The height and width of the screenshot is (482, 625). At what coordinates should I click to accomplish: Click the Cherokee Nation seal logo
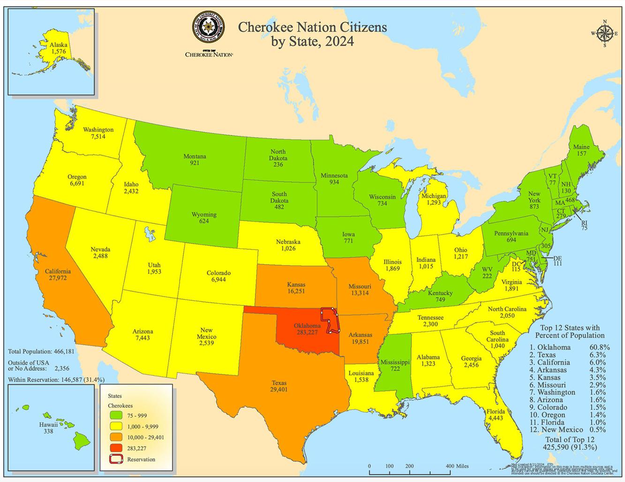pyautogui.click(x=209, y=28)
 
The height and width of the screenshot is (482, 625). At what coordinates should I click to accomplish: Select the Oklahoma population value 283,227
pyautogui.click(x=307, y=332)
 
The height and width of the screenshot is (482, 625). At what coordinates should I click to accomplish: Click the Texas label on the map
pyautogui.click(x=279, y=383)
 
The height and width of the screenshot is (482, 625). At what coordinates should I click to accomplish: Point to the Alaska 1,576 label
pyautogui.click(x=59, y=48)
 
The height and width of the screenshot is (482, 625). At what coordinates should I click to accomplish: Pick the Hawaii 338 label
pyautogui.click(x=48, y=428)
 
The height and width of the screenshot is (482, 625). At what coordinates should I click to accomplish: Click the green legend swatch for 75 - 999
pyautogui.click(x=117, y=415)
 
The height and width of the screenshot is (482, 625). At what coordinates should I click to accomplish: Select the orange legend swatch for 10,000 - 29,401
pyautogui.click(x=117, y=437)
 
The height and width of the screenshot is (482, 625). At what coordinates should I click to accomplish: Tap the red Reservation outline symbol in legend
pyautogui.click(x=117, y=459)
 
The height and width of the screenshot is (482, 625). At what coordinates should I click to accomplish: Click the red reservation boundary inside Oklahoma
pyautogui.click(x=331, y=321)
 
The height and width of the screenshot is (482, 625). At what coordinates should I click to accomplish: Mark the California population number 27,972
pyautogui.click(x=58, y=278)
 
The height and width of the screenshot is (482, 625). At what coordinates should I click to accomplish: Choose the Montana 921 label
pyautogui.click(x=195, y=160)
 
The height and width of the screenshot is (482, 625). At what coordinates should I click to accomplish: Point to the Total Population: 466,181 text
pyautogui.click(x=41, y=352)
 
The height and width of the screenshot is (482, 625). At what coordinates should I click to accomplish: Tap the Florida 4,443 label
pyautogui.click(x=496, y=415)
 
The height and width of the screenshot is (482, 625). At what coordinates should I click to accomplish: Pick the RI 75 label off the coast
pyautogui.click(x=584, y=225)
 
